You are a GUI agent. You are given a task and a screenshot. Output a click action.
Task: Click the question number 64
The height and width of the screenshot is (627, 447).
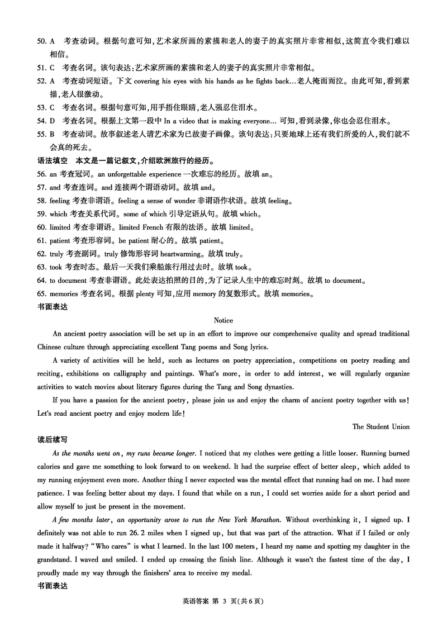pos(41,281)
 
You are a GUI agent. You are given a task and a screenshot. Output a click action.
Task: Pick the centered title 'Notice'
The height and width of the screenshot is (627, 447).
pos(223,321)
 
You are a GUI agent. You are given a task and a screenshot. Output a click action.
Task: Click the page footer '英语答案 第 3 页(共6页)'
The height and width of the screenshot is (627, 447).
pos(223,601)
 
